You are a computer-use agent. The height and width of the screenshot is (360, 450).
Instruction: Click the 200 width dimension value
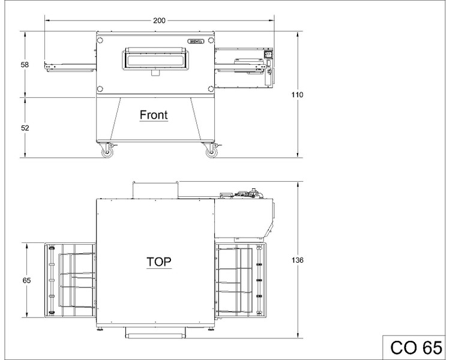(x=159, y=20)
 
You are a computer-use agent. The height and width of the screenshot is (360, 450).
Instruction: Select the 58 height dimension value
(x=25, y=65)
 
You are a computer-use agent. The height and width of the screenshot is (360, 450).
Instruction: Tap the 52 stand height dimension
(x=25, y=128)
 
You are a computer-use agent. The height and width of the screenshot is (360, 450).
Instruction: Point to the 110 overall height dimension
(x=298, y=95)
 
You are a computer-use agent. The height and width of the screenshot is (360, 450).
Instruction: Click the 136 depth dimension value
(x=298, y=260)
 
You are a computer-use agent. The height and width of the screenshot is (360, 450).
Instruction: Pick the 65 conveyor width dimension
(x=26, y=280)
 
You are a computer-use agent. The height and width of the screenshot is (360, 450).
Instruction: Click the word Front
(x=154, y=115)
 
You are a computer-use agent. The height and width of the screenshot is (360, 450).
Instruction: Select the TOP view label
(x=159, y=262)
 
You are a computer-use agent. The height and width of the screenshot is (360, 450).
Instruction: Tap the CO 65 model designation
(x=416, y=347)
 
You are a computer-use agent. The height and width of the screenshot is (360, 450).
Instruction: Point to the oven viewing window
(x=155, y=61)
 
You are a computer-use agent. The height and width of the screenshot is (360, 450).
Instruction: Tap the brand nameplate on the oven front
(x=196, y=41)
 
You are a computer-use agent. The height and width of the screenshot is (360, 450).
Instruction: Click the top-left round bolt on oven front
(x=100, y=40)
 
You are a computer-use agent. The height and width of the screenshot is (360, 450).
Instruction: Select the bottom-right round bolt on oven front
(x=211, y=88)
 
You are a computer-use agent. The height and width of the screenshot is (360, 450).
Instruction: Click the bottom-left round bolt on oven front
(x=100, y=88)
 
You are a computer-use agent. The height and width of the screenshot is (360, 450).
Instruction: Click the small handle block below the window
(x=155, y=73)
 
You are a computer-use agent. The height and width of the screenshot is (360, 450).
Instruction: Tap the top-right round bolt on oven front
(x=211, y=40)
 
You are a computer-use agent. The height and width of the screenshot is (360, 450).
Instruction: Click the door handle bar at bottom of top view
(x=155, y=335)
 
